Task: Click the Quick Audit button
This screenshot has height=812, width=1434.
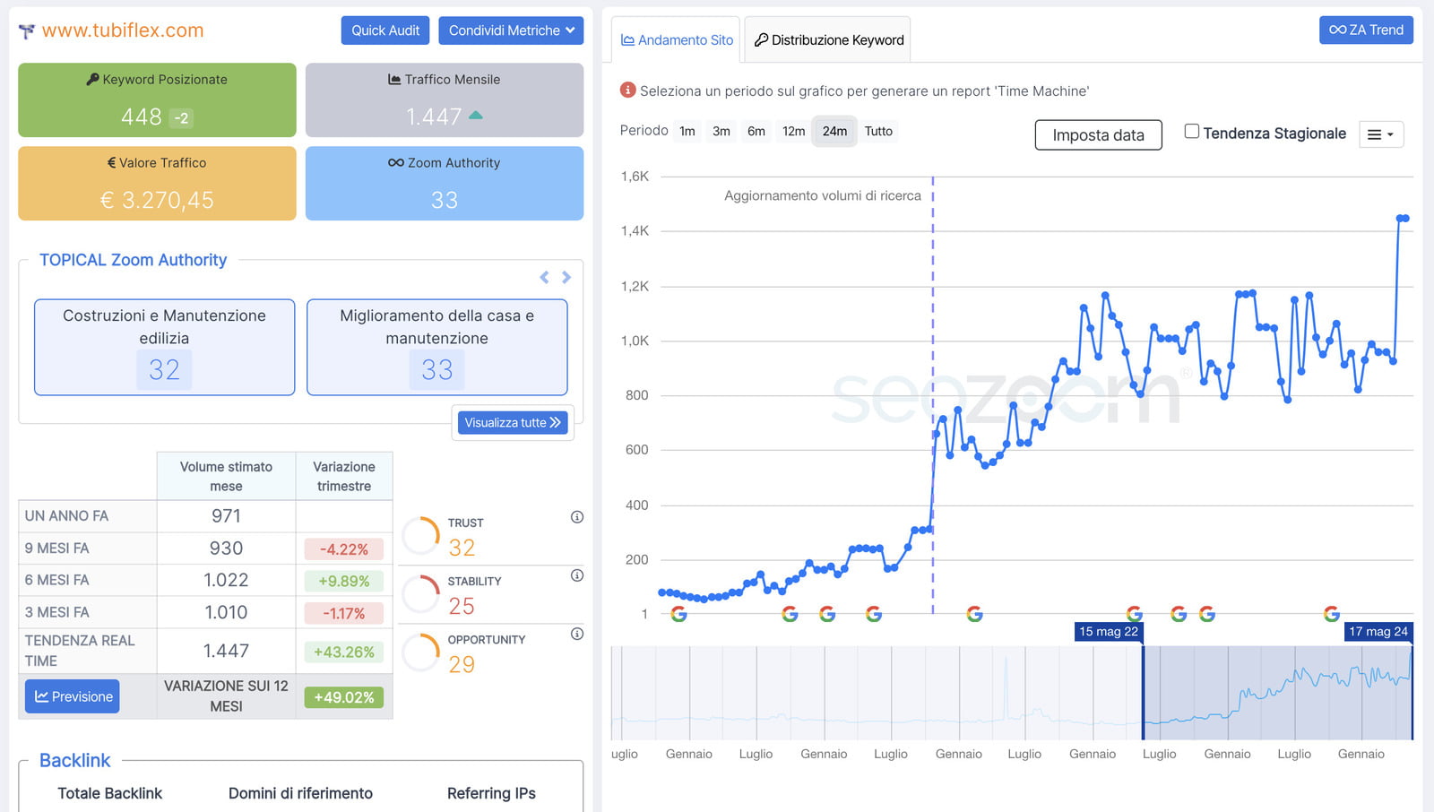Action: click(x=385, y=30)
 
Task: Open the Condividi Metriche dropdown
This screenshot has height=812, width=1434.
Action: click(x=511, y=30)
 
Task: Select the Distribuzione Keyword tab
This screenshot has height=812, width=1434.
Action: click(x=828, y=40)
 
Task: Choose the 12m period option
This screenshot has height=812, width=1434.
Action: click(x=793, y=131)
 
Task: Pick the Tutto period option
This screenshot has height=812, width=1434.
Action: click(x=878, y=131)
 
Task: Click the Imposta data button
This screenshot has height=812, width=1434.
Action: click(x=1098, y=135)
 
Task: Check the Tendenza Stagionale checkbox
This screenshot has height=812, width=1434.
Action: click(x=1192, y=132)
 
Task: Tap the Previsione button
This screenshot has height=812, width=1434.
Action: click(x=73, y=696)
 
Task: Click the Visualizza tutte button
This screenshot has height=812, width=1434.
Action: click(x=513, y=422)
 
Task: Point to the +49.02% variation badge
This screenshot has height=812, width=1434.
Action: click(x=344, y=697)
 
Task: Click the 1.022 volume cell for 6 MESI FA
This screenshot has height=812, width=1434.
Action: click(x=226, y=580)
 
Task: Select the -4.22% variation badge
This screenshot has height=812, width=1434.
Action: click(x=344, y=549)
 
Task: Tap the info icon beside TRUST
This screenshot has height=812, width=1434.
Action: click(x=577, y=517)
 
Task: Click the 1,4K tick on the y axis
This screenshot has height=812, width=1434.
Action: click(x=635, y=231)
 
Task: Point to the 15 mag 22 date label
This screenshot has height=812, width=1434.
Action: click(x=1109, y=632)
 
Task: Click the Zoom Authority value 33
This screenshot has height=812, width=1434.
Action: click(x=445, y=200)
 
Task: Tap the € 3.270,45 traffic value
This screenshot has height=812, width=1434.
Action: click(x=157, y=200)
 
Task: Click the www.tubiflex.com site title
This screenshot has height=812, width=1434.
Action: click(x=123, y=30)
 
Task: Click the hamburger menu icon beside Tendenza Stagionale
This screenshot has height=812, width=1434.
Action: click(x=1380, y=134)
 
